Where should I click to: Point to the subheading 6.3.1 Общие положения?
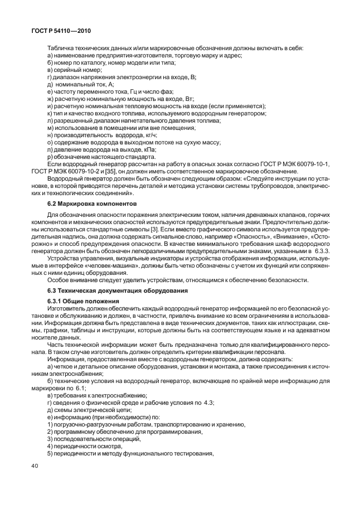tap(80, 301)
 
